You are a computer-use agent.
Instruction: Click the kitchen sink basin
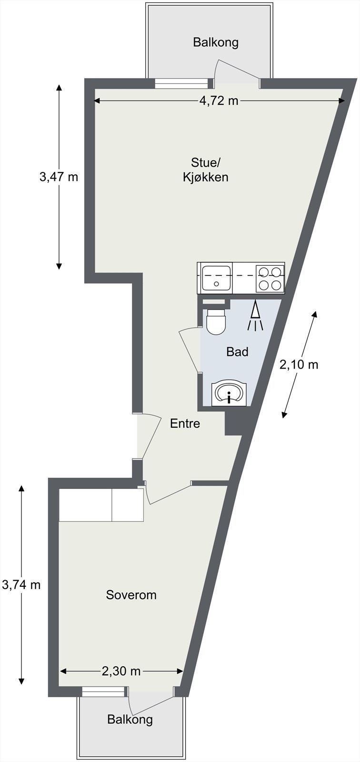(x=216, y=278)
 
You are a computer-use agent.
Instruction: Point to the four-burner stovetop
(x=270, y=278)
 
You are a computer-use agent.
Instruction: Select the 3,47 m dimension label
(x=59, y=177)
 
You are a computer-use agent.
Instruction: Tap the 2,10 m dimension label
(x=299, y=365)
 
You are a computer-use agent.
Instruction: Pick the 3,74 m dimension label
(x=21, y=584)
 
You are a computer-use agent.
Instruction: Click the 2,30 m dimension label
(x=121, y=671)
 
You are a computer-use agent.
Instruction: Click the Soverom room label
(x=131, y=595)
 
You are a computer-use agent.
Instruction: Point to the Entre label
(x=185, y=423)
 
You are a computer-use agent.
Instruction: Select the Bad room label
(x=237, y=352)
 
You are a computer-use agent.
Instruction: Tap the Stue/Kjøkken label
(x=205, y=170)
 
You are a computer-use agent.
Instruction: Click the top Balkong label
(x=215, y=42)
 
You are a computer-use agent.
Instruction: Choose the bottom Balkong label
(x=130, y=719)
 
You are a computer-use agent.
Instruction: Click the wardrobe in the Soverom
(x=101, y=504)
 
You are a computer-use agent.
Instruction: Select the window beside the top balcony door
(x=181, y=83)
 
